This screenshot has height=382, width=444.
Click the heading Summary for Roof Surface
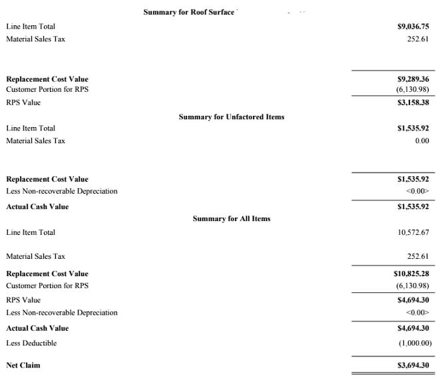(x=188, y=12)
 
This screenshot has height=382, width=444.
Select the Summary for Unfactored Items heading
(x=231, y=116)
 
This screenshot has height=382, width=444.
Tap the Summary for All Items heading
(x=231, y=218)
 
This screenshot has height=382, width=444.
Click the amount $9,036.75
(x=413, y=27)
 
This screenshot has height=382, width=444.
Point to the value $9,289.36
(x=413, y=79)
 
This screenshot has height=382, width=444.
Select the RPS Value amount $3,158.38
(x=413, y=103)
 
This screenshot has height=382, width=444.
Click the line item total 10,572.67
(x=413, y=232)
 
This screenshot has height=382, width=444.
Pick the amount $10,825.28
(x=411, y=274)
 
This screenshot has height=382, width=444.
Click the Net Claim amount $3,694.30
(x=413, y=365)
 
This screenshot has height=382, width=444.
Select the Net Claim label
(x=23, y=365)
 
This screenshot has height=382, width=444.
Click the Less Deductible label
(x=31, y=343)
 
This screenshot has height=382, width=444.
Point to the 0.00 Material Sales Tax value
(x=421, y=140)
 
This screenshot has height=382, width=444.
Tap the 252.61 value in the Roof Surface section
(x=417, y=39)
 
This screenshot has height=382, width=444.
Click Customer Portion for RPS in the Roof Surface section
(x=47, y=89)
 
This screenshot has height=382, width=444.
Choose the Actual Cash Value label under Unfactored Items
(x=37, y=206)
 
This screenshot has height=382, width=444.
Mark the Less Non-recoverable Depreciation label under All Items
(x=62, y=313)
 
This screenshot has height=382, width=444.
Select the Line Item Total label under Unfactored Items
(x=31, y=128)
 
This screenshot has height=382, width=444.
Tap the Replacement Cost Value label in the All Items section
(x=47, y=274)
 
